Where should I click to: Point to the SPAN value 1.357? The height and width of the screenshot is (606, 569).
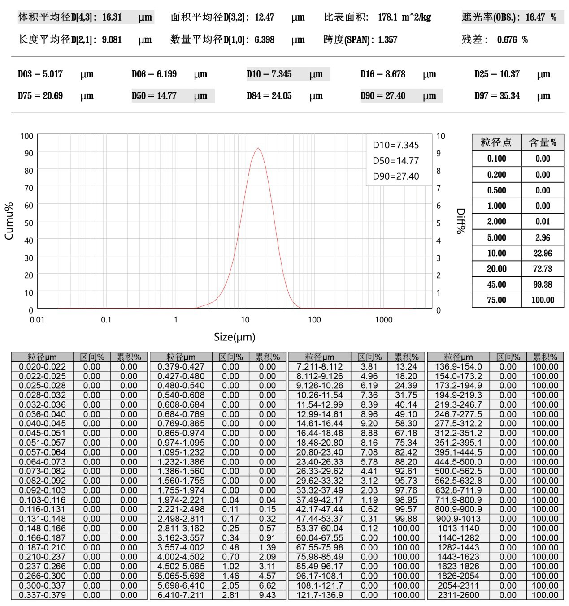click(387, 40)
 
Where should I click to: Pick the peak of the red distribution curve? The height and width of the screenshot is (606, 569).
click(258, 148)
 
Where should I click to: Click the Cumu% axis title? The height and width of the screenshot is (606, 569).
click(9, 221)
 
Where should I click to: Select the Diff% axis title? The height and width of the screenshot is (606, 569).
click(460, 221)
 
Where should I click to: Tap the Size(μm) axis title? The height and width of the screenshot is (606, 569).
click(235, 337)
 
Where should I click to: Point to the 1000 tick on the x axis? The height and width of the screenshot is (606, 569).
click(383, 320)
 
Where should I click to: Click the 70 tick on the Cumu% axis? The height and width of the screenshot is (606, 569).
click(29, 188)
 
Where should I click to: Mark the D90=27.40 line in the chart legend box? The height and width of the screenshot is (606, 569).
click(395, 176)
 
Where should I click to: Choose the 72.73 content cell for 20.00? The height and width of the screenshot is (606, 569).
click(542, 269)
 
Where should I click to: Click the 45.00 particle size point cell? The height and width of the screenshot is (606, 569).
click(496, 284)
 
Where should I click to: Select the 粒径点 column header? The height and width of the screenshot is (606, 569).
click(496, 142)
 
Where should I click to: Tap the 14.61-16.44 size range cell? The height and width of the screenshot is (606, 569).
click(320, 424)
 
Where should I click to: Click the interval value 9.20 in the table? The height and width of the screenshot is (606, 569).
click(369, 424)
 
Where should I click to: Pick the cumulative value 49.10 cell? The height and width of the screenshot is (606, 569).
click(406, 414)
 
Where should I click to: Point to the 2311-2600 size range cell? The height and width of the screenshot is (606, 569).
click(458, 595)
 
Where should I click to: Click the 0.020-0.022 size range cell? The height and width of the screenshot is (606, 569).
click(42, 367)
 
